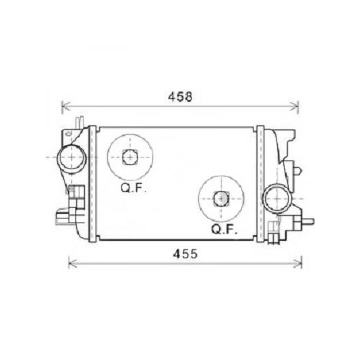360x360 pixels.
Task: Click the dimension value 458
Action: pos(180,96)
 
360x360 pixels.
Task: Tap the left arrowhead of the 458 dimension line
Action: pos(63,106)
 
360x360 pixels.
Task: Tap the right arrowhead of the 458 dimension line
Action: pos(297,106)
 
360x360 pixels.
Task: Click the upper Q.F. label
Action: pos(133,189)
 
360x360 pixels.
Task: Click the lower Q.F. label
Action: pos(225,230)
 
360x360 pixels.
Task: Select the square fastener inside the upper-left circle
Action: pos(130,157)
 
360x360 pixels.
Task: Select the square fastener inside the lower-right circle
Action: pos(221,197)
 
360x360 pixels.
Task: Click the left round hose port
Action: pos(72,157)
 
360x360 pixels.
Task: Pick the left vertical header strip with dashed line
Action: pos(92,183)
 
